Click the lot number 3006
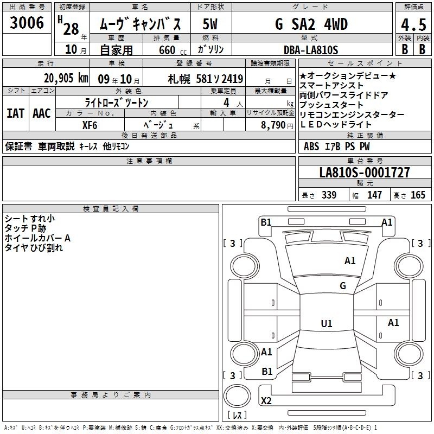coord(27,23)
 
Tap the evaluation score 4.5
coord(413,25)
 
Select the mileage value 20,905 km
coord(66,78)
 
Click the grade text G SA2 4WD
coord(311,24)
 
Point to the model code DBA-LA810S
coord(311,50)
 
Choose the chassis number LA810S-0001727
coord(365,172)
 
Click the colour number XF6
coord(90,125)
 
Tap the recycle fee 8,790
coord(273,125)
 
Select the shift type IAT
coord(16,113)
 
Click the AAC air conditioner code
coord(42,113)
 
